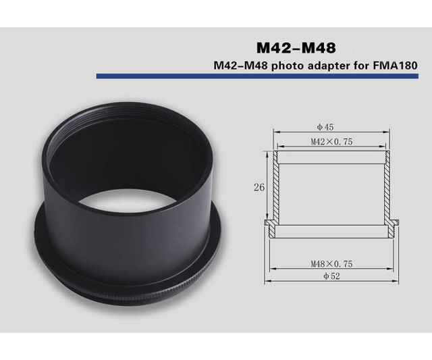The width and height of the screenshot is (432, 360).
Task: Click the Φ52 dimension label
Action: [331, 276]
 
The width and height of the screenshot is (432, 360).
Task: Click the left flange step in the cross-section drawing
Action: [269, 227]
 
